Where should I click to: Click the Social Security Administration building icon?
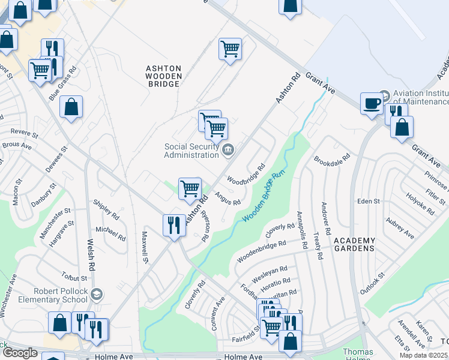[x=228, y=149]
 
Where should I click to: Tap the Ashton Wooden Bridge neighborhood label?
[x=163, y=76]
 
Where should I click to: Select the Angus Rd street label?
[x=228, y=197]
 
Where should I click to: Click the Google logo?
[x=20, y=353]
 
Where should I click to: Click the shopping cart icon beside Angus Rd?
[x=190, y=188]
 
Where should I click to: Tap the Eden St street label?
[x=368, y=201]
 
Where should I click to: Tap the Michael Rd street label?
[x=110, y=233]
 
